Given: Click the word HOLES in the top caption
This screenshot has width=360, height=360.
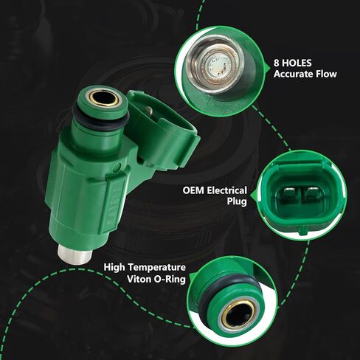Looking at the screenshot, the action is click(297, 63).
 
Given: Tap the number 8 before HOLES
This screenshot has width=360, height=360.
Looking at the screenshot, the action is click(277, 63).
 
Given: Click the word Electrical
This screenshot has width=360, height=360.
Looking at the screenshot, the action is click(226, 190).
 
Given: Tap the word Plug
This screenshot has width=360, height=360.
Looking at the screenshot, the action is click(237, 201).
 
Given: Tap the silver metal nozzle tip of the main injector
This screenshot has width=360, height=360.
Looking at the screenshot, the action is click(75, 254).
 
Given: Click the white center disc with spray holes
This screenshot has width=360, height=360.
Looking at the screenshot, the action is click(217, 66).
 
